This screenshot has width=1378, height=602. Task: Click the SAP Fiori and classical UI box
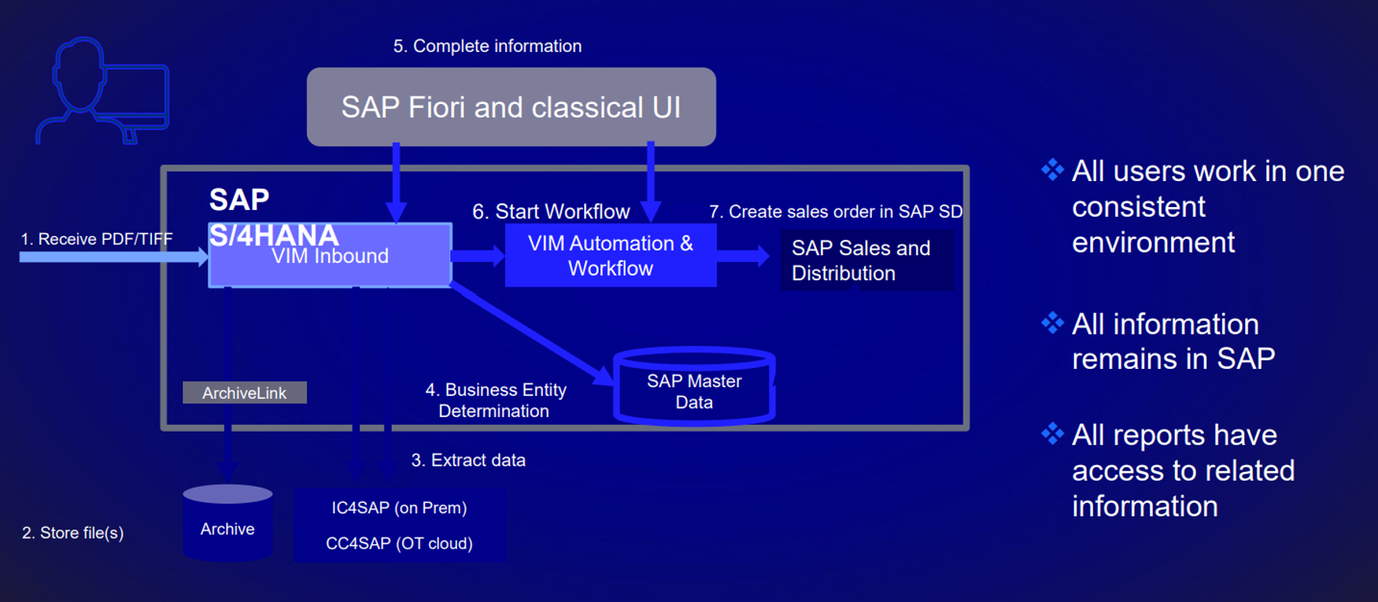pyautogui.click(x=511, y=107)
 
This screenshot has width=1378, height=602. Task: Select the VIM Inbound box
pyautogui.click(x=330, y=260)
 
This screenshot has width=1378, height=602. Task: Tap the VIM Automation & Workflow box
pyautogui.click(x=610, y=255)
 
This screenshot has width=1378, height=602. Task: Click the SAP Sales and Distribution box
pyautogui.click(x=866, y=261)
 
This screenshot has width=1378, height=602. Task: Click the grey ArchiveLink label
pyautogui.click(x=244, y=393)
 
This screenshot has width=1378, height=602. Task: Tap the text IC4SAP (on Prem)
pyautogui.click(x=399, y=507)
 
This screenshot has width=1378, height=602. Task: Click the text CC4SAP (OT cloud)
pyautogui.click(x=399, y=543)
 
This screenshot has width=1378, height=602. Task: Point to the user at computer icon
pyautogui.click(x=103, y=92)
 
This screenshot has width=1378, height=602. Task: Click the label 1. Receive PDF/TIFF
pyautogui.click(x=96, y=239)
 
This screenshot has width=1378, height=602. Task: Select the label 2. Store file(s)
pyautogui.click(x=73, y=532)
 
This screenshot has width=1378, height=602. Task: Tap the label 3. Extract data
pyautogui.click(x=468, y=460)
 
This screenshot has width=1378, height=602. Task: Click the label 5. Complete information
pyautogui.click(x=487, y=46)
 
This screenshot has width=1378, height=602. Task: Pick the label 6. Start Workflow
pyautogui.click(x=550, y=212)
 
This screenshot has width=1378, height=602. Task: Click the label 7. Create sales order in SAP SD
pyautogui.click(x=835, y=212)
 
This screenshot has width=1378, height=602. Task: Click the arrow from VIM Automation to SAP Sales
pyautogui.click(x=743, y=256)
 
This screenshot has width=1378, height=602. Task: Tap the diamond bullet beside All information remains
pyautogui.click(x=1052, y=323)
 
